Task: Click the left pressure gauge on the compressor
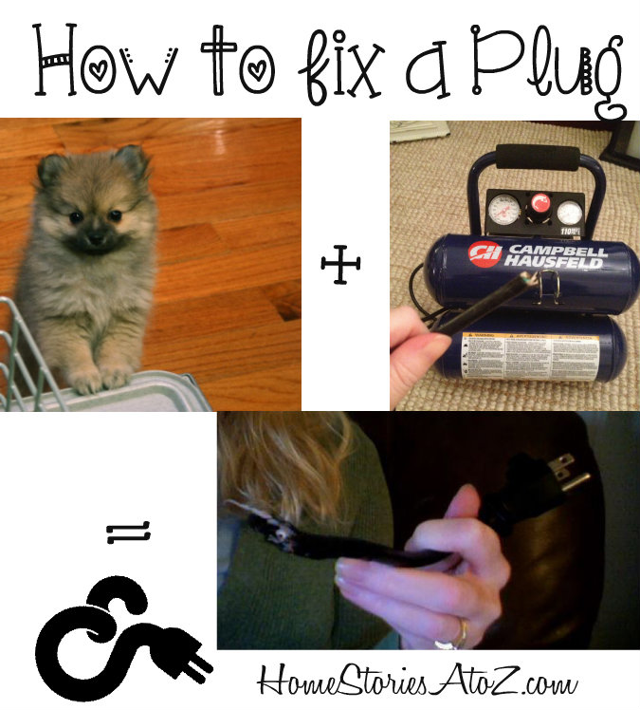click(500, 207)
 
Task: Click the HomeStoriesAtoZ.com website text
click(417, 681)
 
